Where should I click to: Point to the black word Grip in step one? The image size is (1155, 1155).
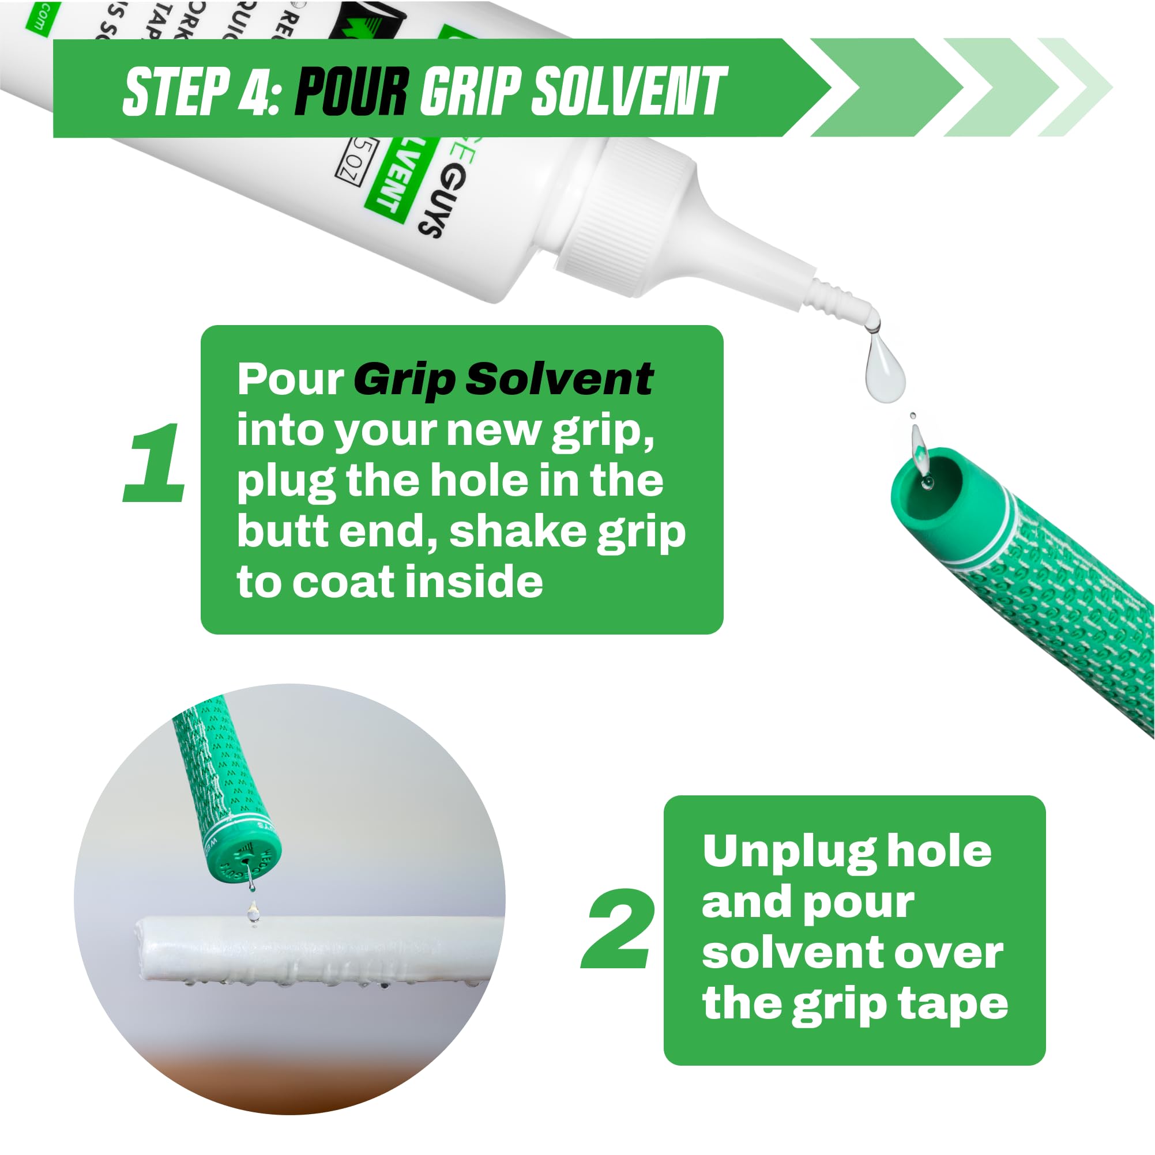[404, 380]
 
